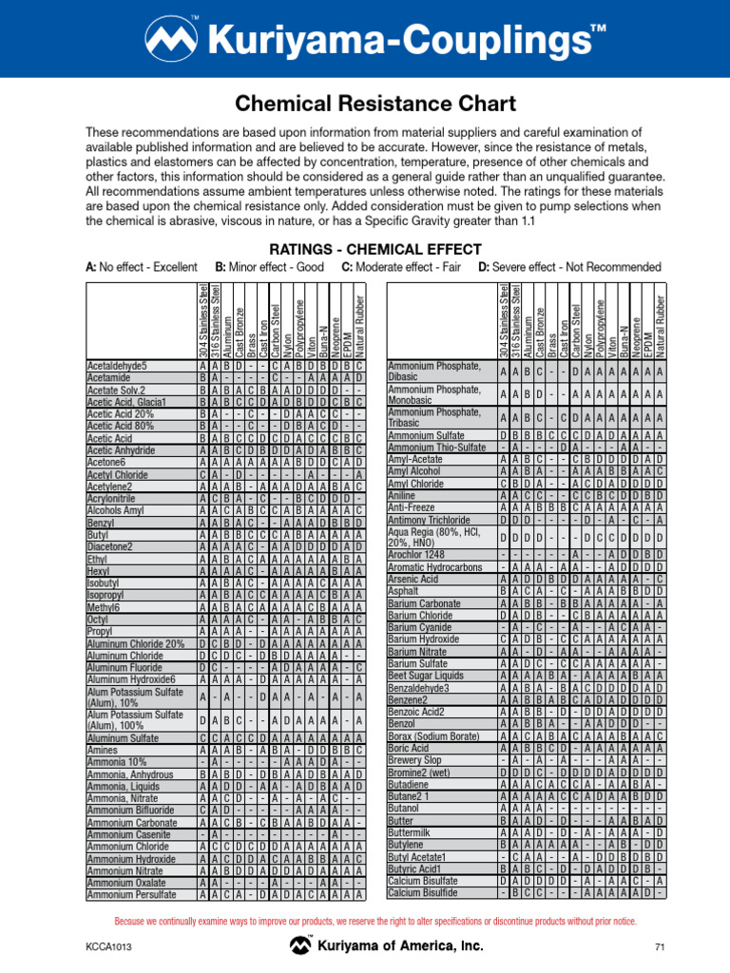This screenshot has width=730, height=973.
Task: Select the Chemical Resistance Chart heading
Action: click(x=365, y=102)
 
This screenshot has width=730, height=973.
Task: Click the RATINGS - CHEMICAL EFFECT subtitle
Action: click(x=364, y=249)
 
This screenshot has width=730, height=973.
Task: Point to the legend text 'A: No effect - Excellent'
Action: click(x=142, y=267)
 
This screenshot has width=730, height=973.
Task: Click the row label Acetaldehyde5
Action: click(x=117, y=366)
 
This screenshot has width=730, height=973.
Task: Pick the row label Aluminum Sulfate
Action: click(x=123, y=737)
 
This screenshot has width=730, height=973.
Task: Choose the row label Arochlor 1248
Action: click(x=419, y=555)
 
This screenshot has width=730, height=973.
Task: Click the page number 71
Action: click(x=657, y=946)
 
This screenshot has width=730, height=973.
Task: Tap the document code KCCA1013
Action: click(x=106, y=946)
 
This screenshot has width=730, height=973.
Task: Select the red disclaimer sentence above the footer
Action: click(x=375, y=921)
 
